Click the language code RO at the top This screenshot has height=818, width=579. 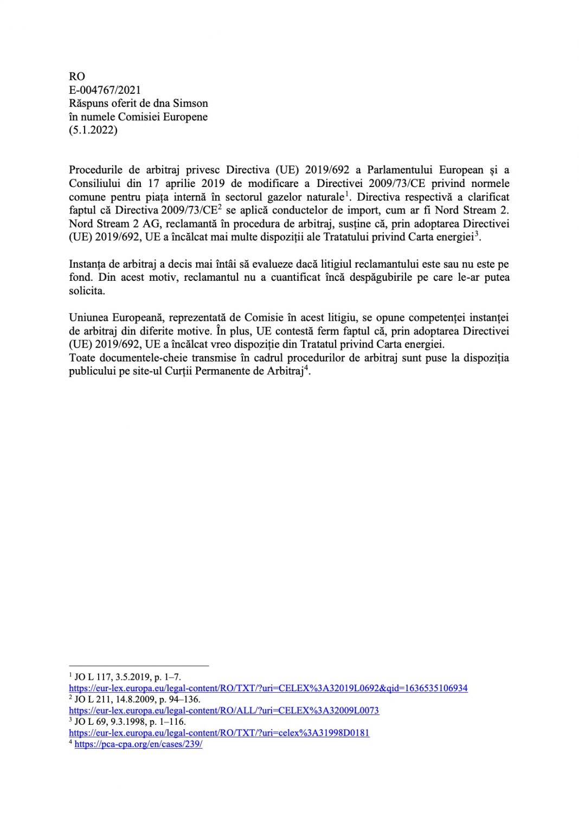coord(77,76)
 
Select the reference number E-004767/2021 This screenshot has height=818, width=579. coord(105,90)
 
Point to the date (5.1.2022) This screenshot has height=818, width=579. coord(93,130)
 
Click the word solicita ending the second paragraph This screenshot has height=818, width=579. coord(86,291)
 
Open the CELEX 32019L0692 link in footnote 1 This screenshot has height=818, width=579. coord(268,688)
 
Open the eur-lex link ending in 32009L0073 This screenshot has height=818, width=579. coord(224,710)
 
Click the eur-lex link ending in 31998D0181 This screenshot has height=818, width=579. coord(219,732)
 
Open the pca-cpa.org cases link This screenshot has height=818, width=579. coord(138,744)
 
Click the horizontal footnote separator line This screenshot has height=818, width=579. coord(139,665)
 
